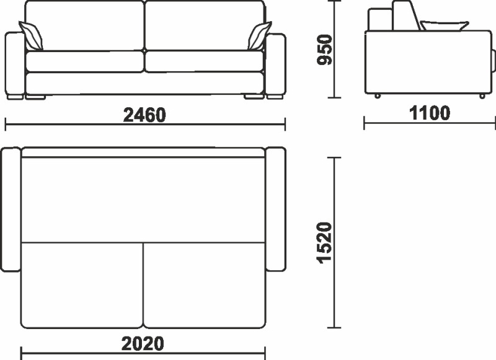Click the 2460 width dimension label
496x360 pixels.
click(144, 115)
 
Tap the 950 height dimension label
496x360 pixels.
click(324, 50)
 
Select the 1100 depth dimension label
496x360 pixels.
click(430, 113)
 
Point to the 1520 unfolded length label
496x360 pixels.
click(324, 243)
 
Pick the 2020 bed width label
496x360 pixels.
click(143, 343)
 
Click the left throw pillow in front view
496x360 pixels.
click(31, 36)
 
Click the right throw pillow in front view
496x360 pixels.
click(259, 36)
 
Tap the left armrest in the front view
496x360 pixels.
click(14, 66)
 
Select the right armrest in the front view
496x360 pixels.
click(275, 66)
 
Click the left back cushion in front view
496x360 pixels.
click(84, 25)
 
